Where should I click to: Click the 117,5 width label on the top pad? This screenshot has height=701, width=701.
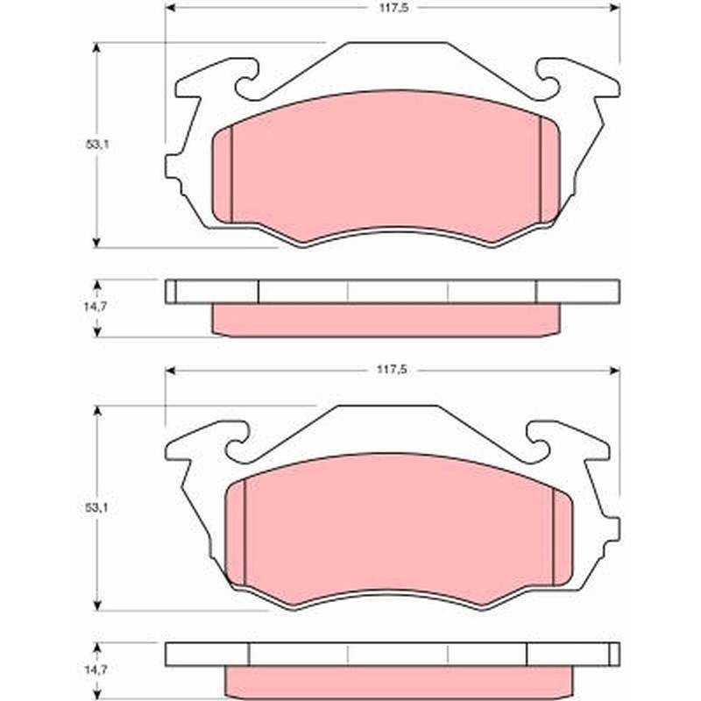click(393, 8)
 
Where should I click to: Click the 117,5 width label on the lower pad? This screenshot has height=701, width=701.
click(391, 370)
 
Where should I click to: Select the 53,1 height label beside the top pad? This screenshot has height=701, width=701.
click(97, 145)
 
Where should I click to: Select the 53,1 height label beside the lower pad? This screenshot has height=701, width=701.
click(96, 507)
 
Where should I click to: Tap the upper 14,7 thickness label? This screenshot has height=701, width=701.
click(96, 306)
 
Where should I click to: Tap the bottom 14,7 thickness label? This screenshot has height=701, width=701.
click(96, 669)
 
